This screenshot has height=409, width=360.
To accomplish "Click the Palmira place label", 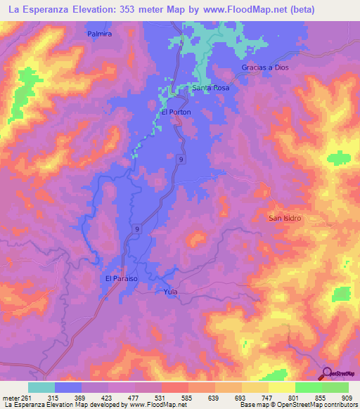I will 100,33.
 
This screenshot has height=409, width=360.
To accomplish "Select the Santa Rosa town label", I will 211,89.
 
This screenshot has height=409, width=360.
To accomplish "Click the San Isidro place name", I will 285,218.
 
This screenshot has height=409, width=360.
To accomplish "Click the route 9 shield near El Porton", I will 182,160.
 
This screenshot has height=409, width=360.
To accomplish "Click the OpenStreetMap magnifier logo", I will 327,374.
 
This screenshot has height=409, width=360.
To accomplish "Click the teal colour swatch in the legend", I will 41,387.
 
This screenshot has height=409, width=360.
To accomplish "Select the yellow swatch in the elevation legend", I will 281,387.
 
